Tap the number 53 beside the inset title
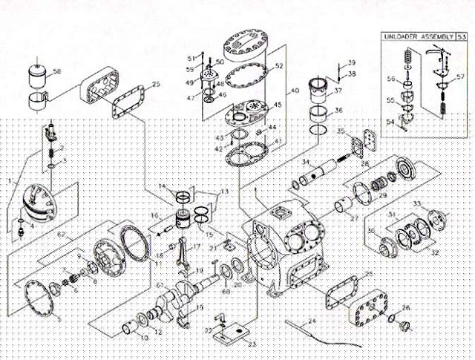coord(462,36)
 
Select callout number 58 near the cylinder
coord(58,72)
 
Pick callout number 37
coord(338,91)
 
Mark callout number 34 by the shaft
coord(305,161)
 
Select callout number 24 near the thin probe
coord(312,321)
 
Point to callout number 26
coord(406,307)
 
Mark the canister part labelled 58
coord(36,76)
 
